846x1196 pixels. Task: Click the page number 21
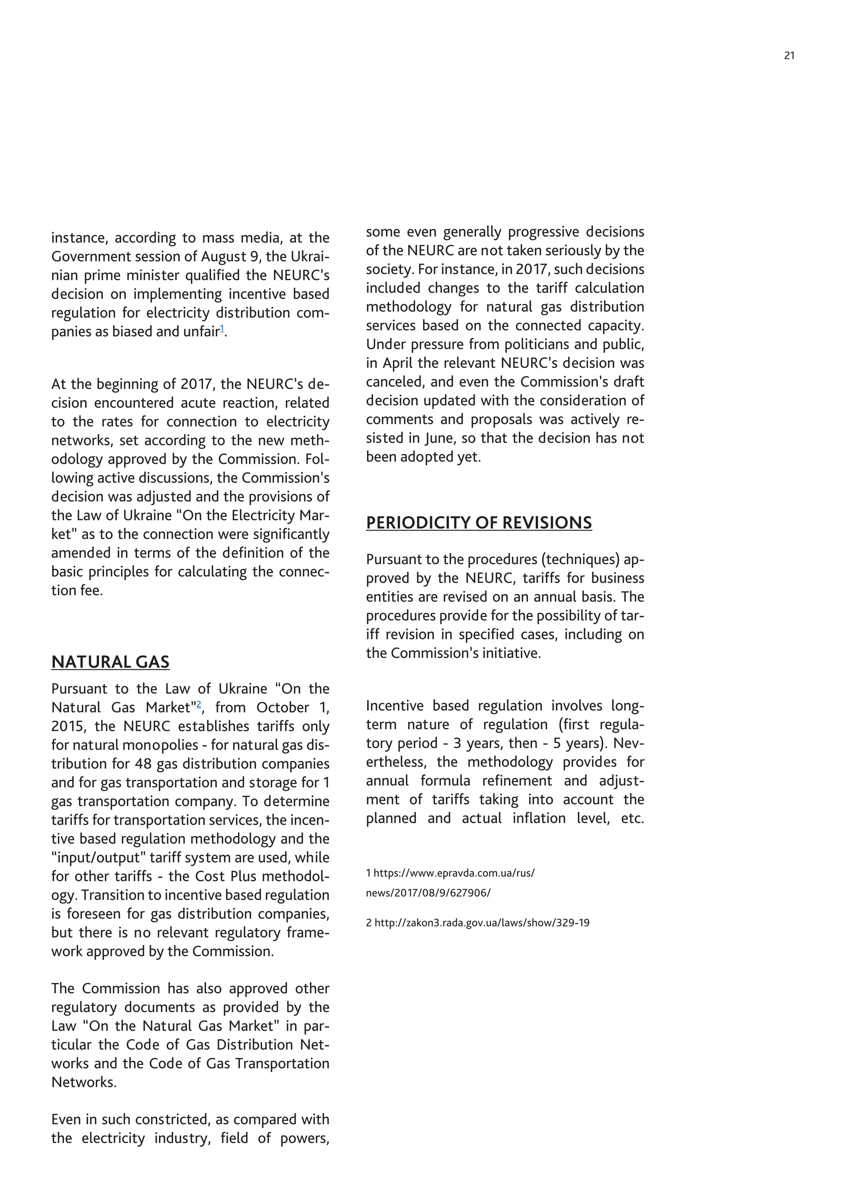click(x=789, y=56)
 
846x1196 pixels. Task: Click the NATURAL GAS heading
click(x=110, y=662)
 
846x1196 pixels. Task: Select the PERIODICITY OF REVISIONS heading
click(x=478, y=522)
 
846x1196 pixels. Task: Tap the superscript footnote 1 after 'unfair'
click(x=222, y=329)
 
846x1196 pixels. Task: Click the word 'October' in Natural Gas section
click(x=283, y=707)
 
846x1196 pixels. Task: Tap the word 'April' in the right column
click(x=398, y=363)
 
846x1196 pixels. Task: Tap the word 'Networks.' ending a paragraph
click(x=84, y=1082)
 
